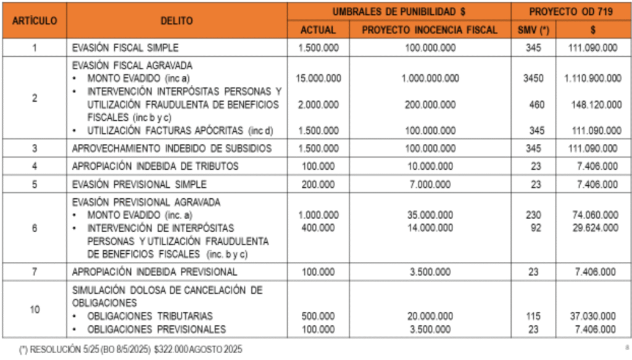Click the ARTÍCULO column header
(35, 20)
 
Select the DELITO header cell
(177, 20)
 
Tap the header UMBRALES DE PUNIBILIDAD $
(399, 11)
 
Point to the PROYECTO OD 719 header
(570, 11)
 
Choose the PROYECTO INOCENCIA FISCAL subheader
(430, 30)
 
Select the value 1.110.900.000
(592, 78)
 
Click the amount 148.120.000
(596, 105)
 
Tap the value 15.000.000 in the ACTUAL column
(318, 78)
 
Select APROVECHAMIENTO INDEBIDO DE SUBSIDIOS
(172, 148)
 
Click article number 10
(35, 309)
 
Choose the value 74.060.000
(596, 215)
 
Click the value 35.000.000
(430, 215)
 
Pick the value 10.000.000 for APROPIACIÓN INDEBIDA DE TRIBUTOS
(430, 166)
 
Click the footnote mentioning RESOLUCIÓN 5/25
(131, 350)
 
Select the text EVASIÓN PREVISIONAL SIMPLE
(139, 184)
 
